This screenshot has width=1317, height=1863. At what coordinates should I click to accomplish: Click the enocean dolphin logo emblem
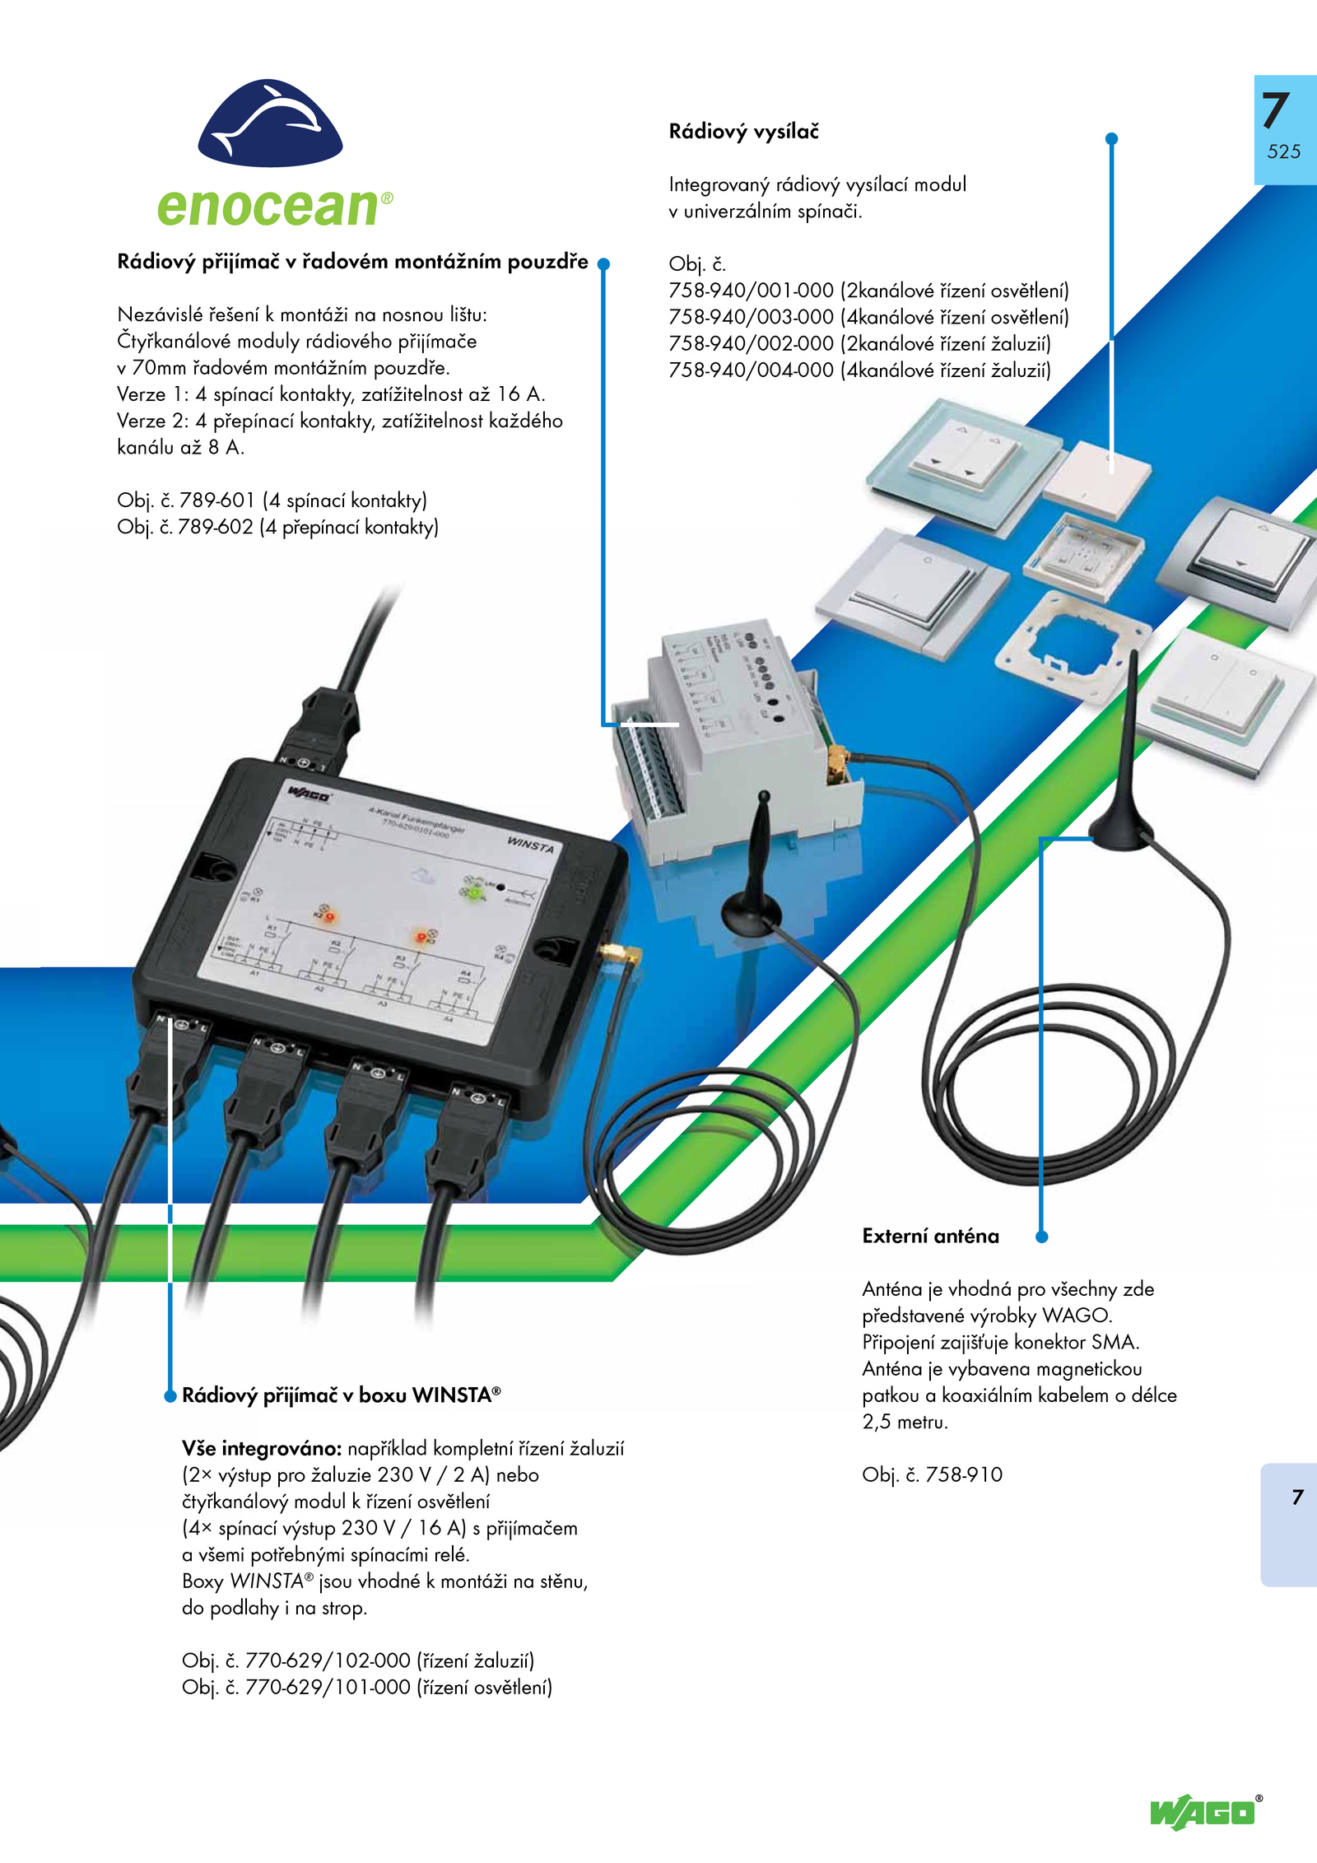coord(270,123)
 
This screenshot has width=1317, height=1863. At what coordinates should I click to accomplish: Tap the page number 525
coord(1283,151)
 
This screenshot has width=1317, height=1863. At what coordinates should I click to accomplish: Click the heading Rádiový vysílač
coord(743,132)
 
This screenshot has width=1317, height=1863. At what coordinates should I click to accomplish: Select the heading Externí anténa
coord(930,1237)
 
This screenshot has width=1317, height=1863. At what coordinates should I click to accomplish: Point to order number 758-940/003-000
coord(751,318)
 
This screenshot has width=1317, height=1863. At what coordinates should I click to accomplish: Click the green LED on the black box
coord(474,891)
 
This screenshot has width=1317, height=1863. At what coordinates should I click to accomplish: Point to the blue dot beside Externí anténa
coord(1041,1237)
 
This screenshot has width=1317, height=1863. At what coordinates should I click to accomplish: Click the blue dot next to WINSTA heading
coord(170,1395)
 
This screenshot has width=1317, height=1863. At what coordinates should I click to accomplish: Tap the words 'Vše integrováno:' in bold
coord(261,1448)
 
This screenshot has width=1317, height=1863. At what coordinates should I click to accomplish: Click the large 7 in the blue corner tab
coord(1276,110)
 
